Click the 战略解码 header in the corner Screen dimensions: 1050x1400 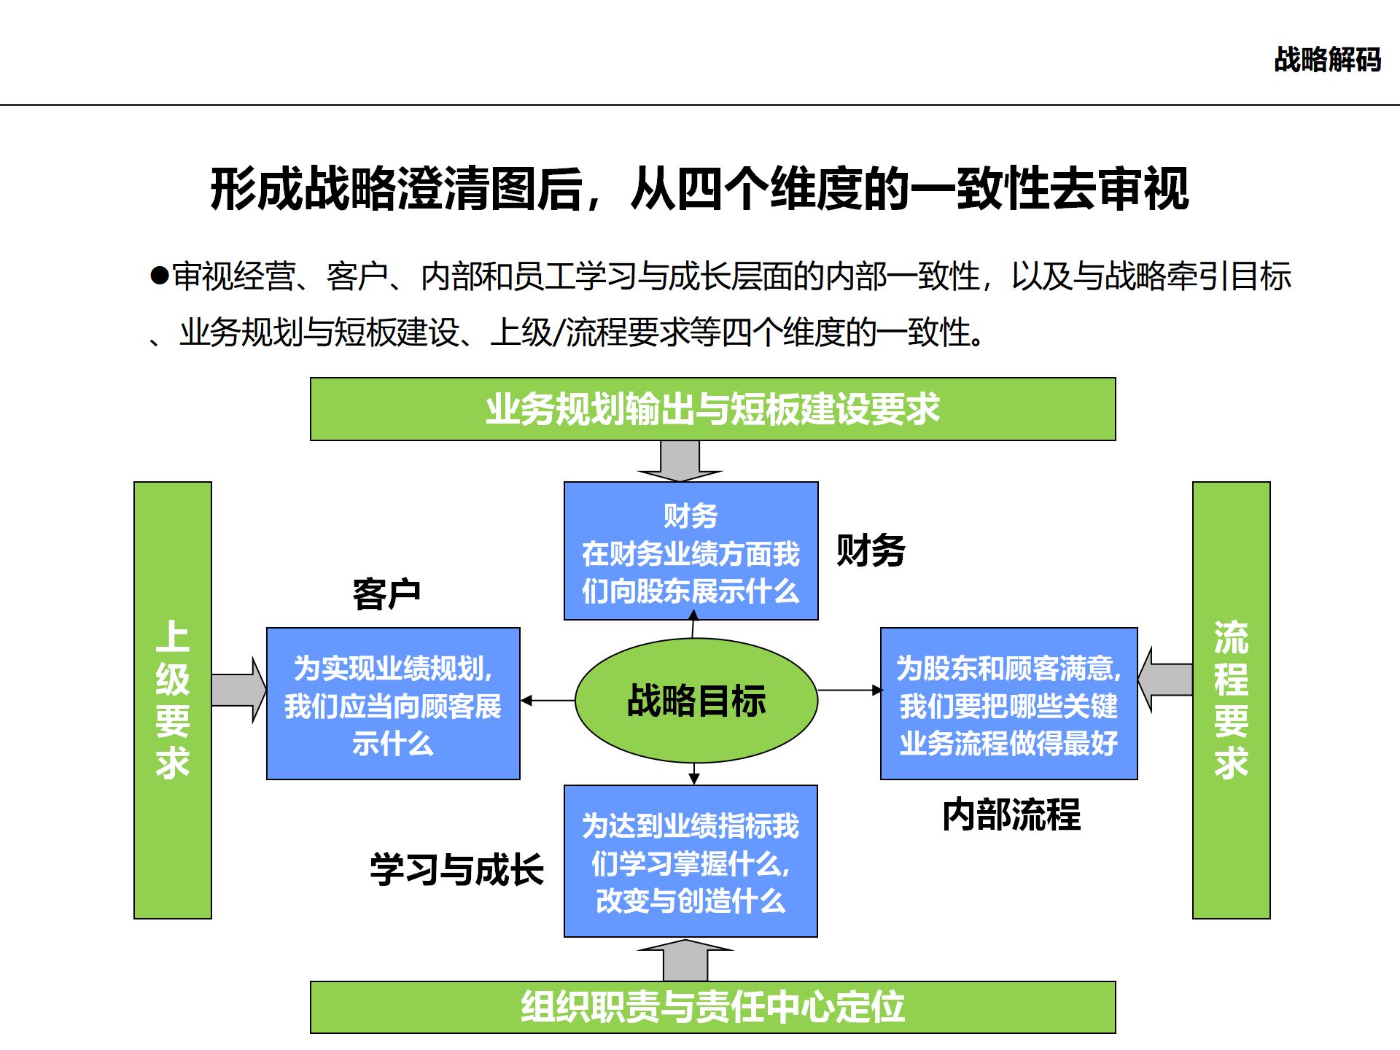point(1327,60)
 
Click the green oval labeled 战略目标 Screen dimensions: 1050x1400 point(696,701)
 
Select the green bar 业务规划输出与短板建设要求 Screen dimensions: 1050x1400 point(712,409)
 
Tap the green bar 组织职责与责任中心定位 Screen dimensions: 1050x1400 point(712,1007)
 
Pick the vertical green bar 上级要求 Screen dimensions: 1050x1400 point(173,700)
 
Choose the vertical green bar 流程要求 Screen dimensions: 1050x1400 point(1231,700)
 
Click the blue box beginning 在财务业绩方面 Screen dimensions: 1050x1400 point(691,551)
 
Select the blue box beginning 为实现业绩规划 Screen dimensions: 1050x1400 point(393,704)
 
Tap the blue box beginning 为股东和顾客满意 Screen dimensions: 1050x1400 point(1008,704)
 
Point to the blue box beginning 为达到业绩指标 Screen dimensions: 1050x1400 point(691,861)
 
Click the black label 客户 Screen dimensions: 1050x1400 point(386,594)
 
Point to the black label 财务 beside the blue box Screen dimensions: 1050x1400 point(871,551)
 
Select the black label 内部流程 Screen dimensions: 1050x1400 point(1011,814)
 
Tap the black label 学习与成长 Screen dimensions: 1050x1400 point(456,869)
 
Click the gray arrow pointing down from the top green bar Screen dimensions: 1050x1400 point(680,462)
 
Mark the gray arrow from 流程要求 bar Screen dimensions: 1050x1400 point(1165,680)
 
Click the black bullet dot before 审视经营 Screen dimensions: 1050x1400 point(160,276)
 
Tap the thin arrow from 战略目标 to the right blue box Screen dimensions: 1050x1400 point(849,690)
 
